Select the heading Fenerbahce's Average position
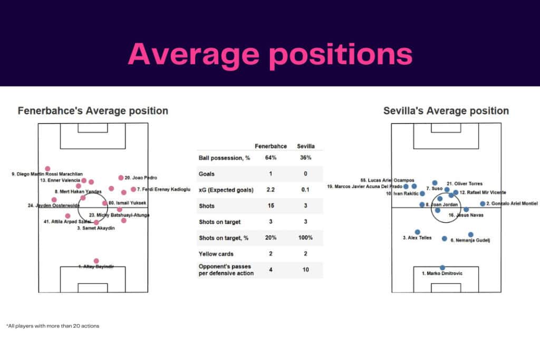(x=93, y=111)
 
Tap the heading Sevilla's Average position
(x=446, y=111)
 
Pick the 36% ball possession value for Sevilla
(x=305, y=158)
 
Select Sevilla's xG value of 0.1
(x=305, y=190)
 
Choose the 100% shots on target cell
(x=305, y=238)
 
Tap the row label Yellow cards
(x=216, y=254)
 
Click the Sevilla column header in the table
(x=305, y=146)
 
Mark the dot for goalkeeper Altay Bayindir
(x=96, y=261)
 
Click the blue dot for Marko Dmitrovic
(x=442, y=268)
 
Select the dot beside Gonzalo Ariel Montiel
(x=483, y=203)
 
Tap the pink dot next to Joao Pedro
(x=121, y=178)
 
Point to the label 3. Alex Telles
(x=417, y=238)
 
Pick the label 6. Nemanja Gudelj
(x=470, y=240)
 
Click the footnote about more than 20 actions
(x=53, y=326)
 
